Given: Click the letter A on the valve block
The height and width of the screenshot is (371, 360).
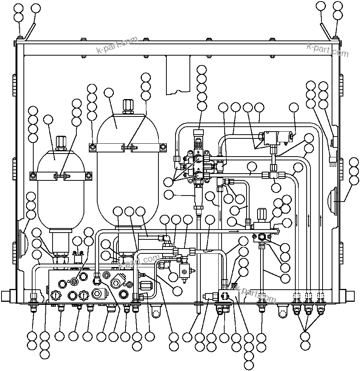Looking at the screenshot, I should click(198, 169).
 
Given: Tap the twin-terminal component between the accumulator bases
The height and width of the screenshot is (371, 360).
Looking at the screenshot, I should click(78, 258).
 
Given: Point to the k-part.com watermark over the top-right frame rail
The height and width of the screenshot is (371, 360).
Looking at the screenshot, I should click(327, 50).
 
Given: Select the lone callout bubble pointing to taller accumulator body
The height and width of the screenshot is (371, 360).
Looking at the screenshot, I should click(109, 93).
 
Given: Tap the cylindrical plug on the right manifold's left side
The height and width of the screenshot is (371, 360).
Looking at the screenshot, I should click(209, 297).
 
